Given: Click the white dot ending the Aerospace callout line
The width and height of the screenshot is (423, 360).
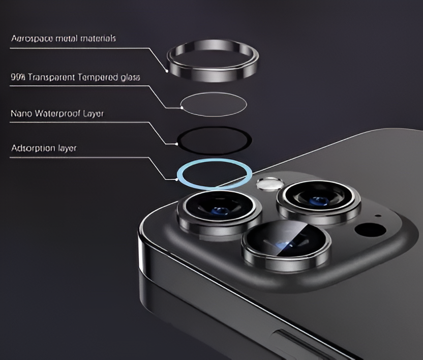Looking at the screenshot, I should [x=167, y=70].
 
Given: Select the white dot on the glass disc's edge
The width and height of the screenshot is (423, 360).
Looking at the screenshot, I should [x=181, y=107].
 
